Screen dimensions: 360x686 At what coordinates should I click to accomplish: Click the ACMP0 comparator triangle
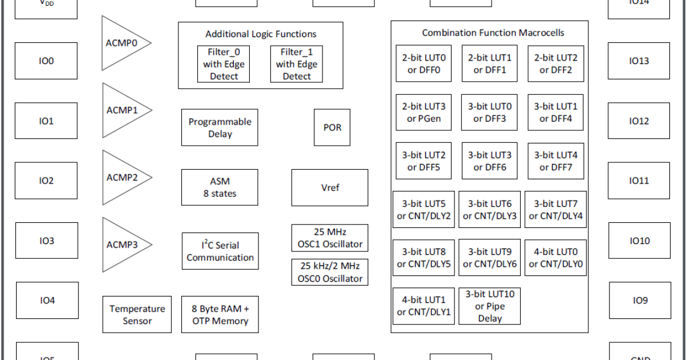(123, 43)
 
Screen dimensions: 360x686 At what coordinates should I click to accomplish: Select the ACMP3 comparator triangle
(123, 245)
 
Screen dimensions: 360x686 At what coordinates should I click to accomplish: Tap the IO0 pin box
(46, 61)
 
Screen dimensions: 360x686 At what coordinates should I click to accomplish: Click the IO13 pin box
(639, 61)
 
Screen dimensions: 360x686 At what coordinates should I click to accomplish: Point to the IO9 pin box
(640, 301)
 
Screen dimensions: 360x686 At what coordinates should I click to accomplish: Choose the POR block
(332, 127)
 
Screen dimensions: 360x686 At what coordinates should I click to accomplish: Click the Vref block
(330, 187)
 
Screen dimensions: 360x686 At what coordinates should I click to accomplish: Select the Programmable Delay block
(220, 127)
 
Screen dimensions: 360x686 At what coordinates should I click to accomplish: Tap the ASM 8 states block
(220, 187)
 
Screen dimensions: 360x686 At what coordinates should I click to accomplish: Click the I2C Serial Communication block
(220, 251)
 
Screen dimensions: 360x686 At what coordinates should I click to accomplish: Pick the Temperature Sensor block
(137, 314)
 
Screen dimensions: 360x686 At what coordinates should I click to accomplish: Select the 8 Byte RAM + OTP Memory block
(220, 314)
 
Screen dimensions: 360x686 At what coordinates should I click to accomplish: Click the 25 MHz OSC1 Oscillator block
(330, 238)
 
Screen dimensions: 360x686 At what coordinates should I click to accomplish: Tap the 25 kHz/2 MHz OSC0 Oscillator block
(330, 272)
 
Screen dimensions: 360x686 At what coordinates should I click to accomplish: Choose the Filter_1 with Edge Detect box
(296, 64)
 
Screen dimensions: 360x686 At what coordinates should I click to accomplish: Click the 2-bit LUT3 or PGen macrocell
(424, 113)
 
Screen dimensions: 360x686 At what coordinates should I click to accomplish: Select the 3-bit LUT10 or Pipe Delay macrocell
(489, 306)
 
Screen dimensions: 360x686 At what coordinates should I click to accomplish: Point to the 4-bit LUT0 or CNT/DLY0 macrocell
(555, 258)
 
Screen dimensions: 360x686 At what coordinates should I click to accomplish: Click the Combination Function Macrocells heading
(493, 33)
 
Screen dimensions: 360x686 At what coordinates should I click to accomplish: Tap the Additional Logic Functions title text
(261, 34)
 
